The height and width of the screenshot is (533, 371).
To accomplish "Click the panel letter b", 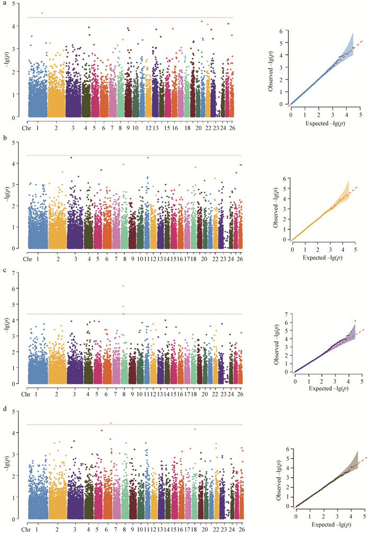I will click(4, 136).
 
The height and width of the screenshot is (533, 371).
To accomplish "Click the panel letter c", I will click(4, 269).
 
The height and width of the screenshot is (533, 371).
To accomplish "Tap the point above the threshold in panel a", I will click(42, 13).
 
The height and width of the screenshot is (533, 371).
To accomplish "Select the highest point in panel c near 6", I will click(123, 286).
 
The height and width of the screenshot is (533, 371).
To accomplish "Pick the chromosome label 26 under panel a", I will click(232, 128).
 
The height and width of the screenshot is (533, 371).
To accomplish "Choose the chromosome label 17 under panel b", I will click(187, 259).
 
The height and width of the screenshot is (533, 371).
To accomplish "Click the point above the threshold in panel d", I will click(110, 423).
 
